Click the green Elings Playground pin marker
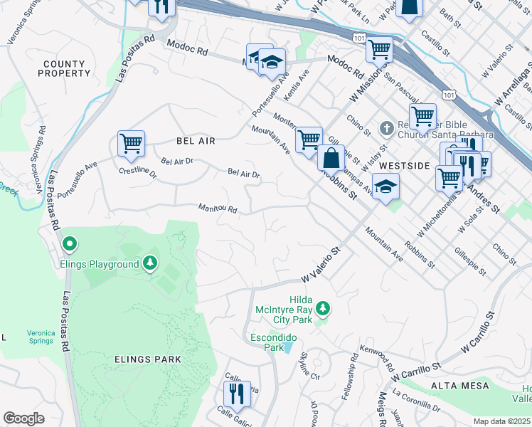69,245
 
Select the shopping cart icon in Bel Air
131,143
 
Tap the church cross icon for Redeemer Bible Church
386,128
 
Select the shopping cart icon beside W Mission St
379,49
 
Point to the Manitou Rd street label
217,209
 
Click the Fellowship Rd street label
353,371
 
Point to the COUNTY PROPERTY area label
65,69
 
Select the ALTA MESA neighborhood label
459,386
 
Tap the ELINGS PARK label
148,359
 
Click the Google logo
24,418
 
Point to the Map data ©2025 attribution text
501,421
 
